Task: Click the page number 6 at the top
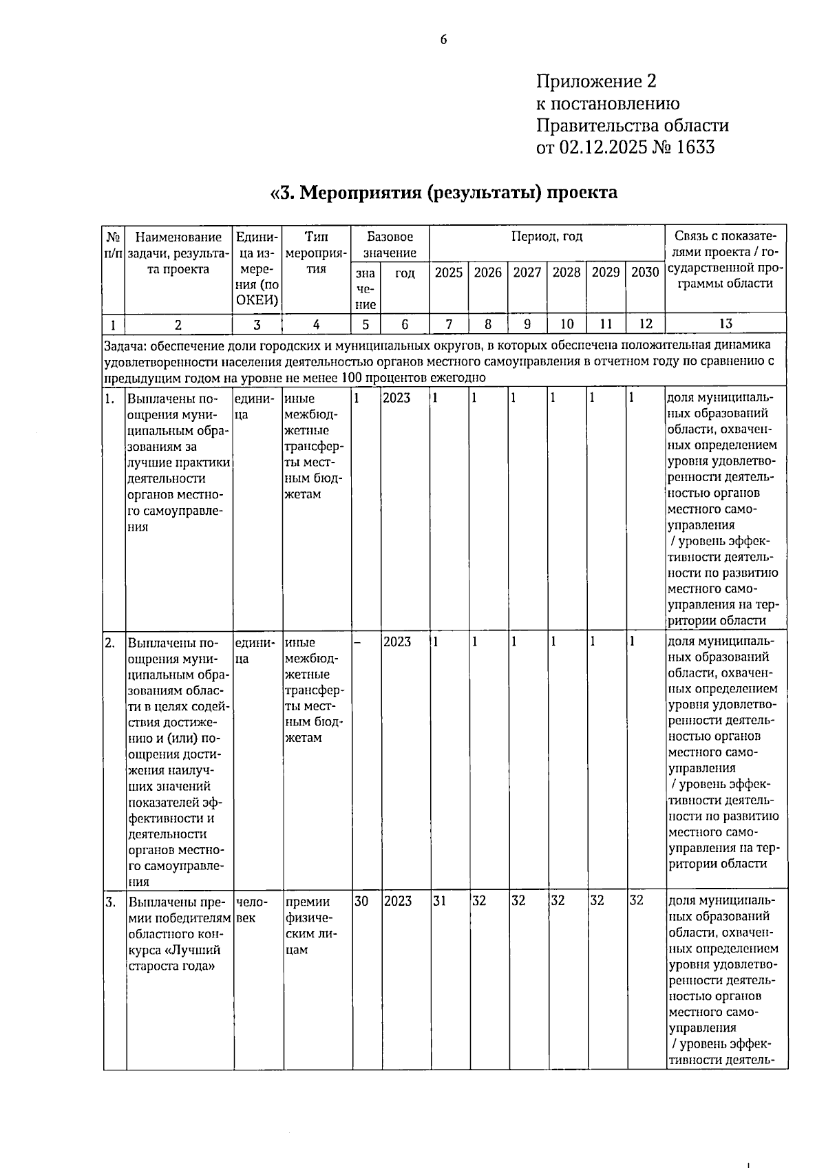(443, 39)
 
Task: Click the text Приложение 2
(596, 82)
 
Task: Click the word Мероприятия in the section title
(361, 192)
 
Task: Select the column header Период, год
(547, 237)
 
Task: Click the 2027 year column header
(527, 273)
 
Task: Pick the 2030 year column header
(645, 273)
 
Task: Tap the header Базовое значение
(390, 244)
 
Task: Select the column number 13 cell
(725, 324)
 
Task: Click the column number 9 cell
(527, 324)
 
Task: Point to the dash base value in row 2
(358, 642)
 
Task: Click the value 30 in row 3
(361, 901)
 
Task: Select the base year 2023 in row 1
(396, 399)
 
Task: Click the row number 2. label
(110, 642)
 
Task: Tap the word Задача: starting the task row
(125, 345)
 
